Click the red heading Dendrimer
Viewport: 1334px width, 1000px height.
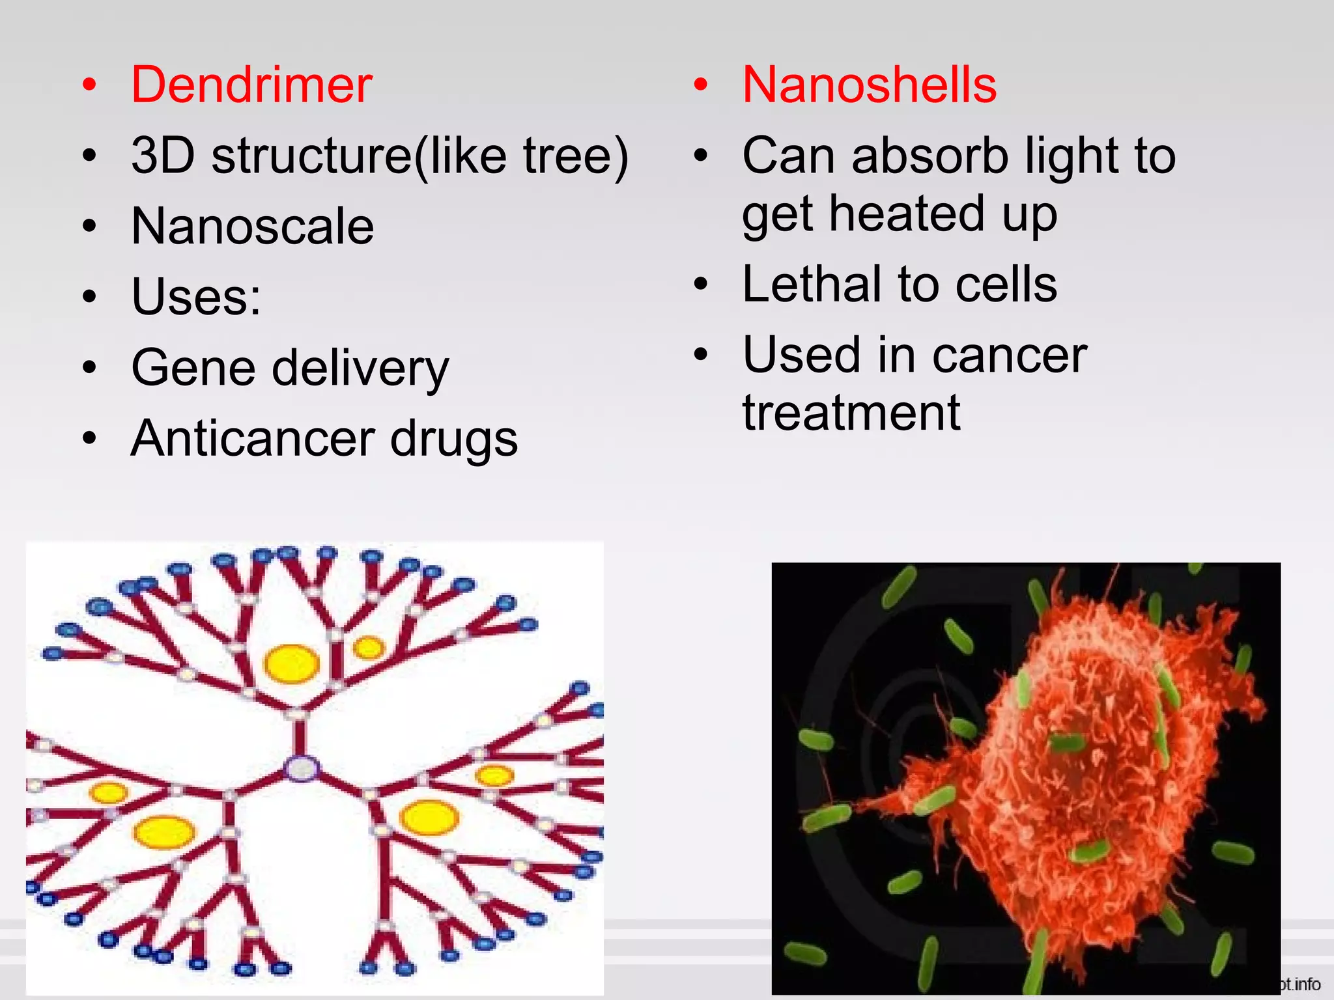click(x=251, y=85)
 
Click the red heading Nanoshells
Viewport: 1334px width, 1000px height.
click(x=869, y=85)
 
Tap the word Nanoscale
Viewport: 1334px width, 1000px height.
click(x=253, y=226)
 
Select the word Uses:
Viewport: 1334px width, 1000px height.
click(x=196, y=297)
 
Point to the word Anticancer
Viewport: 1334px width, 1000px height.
click(x=252, y=438)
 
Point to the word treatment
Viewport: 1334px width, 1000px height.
click(x=851, y=413)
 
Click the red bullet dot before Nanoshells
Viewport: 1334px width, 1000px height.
click(x=700, y=85)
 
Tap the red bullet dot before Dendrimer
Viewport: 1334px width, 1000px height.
click(x=89, y=85)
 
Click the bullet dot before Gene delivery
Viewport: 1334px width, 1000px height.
click(x=89, y=368)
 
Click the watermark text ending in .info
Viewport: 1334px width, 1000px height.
click(x=1300, y=984)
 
